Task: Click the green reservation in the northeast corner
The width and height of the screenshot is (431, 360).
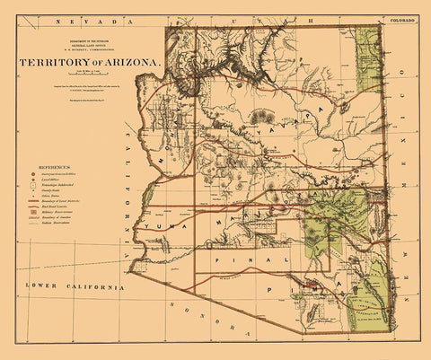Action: (x=368, y=58)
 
